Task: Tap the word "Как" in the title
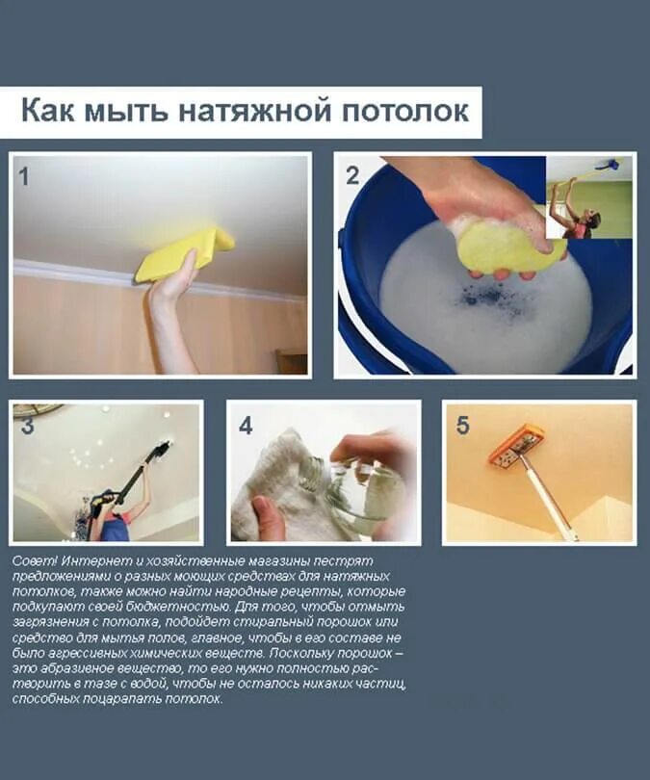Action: click(x=48, y=111)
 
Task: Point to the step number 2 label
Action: click(x=352, y=175)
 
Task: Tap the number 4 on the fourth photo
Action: click(x=247, y=425)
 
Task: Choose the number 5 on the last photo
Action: click(x=462, y=425)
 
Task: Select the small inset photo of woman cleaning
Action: click(x=589, y=197)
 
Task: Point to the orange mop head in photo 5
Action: click(x=516, y=447)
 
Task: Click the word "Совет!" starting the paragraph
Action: click(x=36, y=560)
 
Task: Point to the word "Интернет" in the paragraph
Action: click(x=91, y=560)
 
